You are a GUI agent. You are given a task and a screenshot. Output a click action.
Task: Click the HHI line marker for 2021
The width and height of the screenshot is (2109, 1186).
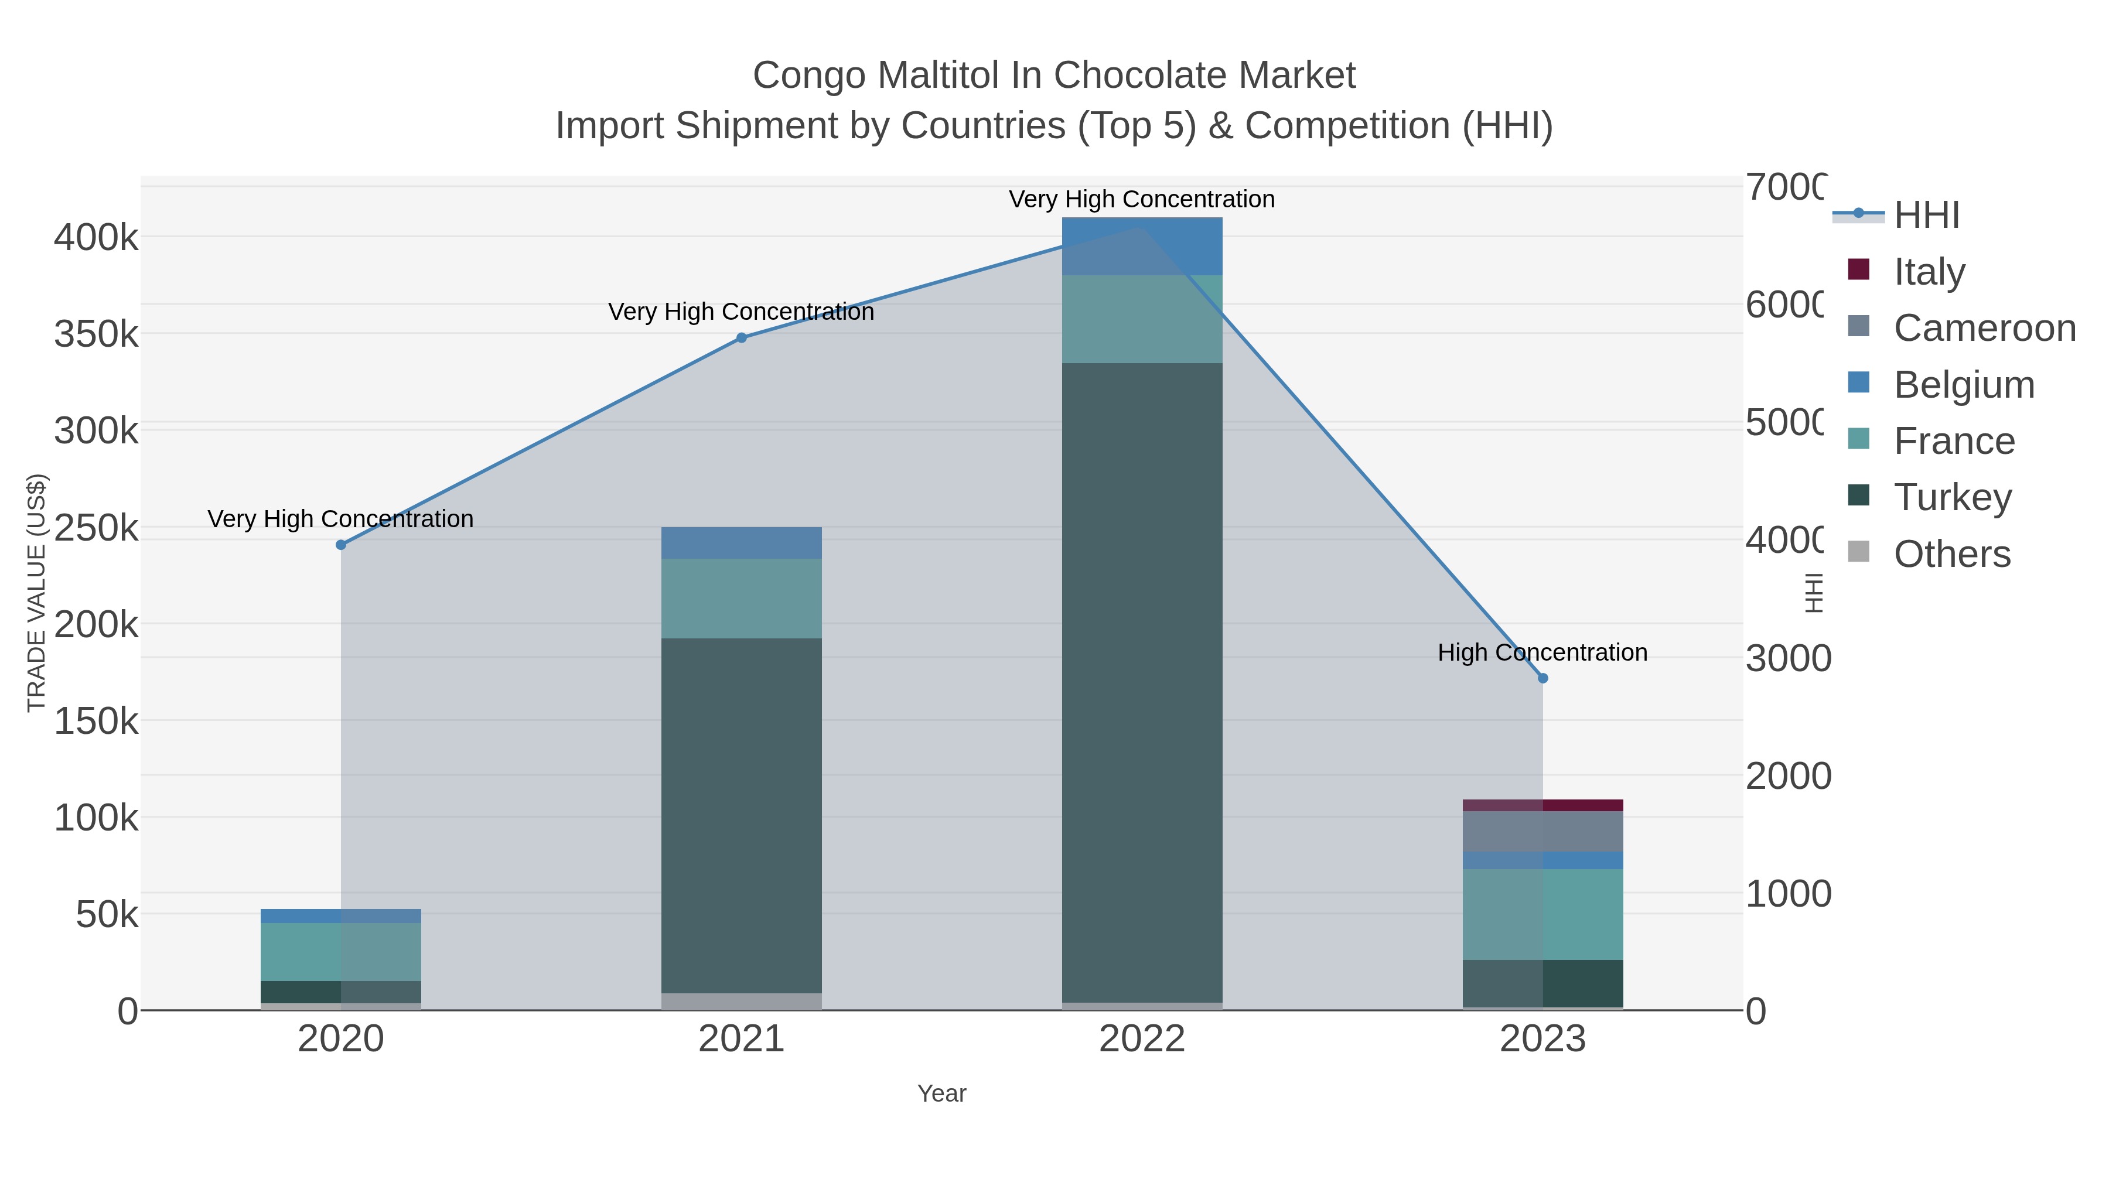742,338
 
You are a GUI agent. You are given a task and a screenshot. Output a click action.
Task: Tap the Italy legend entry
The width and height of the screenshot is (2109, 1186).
1928,272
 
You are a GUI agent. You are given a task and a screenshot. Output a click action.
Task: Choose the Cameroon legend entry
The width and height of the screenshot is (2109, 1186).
1984,328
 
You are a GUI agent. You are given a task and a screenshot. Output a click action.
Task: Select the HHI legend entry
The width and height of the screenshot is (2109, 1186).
1926,216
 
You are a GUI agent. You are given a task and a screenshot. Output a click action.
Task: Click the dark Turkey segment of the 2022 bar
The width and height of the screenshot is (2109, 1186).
1142,679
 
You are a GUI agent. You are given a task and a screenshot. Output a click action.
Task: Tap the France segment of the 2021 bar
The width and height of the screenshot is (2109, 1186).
742,599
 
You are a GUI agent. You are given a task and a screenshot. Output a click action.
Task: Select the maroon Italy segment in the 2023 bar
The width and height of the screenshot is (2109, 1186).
1542,805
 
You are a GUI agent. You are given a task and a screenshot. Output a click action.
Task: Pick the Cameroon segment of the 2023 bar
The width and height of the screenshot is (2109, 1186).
1542,832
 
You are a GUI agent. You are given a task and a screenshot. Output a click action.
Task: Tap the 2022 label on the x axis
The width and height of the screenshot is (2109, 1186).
1142,1040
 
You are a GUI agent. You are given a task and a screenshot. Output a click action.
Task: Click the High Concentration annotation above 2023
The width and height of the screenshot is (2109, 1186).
1542,653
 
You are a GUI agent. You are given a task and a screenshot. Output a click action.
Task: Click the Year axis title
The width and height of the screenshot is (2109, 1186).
941,1093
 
